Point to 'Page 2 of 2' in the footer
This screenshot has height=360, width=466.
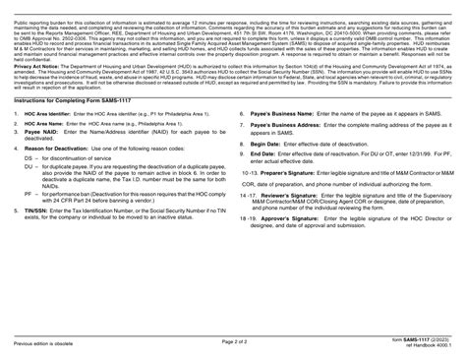point(233,341)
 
